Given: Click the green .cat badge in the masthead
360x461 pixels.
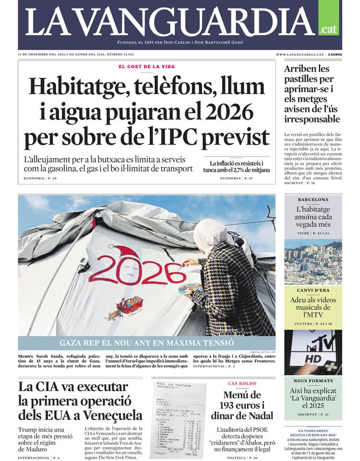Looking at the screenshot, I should click(x=329, y=29).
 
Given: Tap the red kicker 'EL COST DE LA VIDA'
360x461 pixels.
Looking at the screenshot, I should click(x=147, y=67).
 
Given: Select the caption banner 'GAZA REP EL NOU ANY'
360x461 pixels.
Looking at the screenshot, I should click(x=147, y=343).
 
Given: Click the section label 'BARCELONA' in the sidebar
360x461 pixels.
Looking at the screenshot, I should click(x=313, y=199).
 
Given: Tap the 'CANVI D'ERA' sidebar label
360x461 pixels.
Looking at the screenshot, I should click(x=313, y=291).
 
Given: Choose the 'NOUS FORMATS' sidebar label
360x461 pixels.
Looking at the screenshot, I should click(x=313, y=381).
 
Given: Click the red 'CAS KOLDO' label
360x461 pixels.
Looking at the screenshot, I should click(x=242, y=383).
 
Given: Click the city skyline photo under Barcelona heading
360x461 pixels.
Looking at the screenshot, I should click(x=313, y=262).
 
